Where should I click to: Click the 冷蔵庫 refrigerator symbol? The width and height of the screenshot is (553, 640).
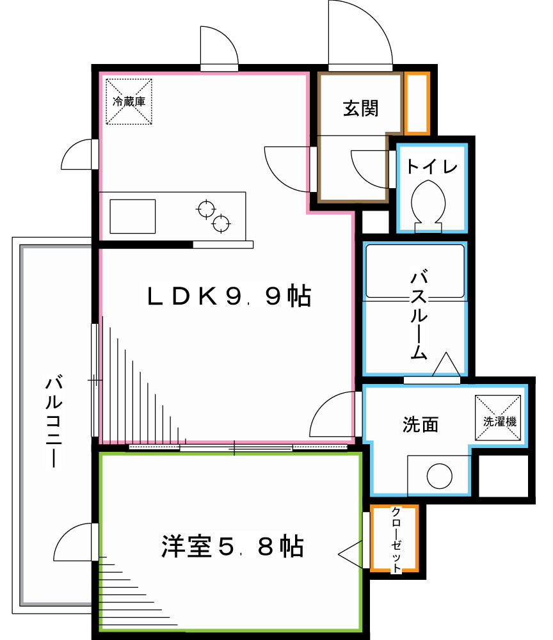tap(129, 101)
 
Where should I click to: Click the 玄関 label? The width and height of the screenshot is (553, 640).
tap(360, 108)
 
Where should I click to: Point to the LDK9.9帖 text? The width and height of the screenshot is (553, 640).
tap(229, 296)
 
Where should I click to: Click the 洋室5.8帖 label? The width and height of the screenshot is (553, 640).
tap(231, 547)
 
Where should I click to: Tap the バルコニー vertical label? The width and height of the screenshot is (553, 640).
tap(54, 422)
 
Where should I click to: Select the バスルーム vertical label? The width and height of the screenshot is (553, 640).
tap(419, 316)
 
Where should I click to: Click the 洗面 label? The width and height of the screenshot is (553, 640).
tap(421, 424)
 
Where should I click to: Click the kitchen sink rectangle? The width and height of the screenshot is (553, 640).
tap(132, 216)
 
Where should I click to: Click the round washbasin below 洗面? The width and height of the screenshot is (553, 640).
tap(439, 475)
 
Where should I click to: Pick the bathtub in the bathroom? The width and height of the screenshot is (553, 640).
tap(415, 271)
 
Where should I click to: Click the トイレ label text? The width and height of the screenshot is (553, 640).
tap(432, 167)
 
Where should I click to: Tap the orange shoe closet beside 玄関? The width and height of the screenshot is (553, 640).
tap(417, 104)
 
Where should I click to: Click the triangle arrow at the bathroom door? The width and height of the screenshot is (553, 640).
tap(445, 364)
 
